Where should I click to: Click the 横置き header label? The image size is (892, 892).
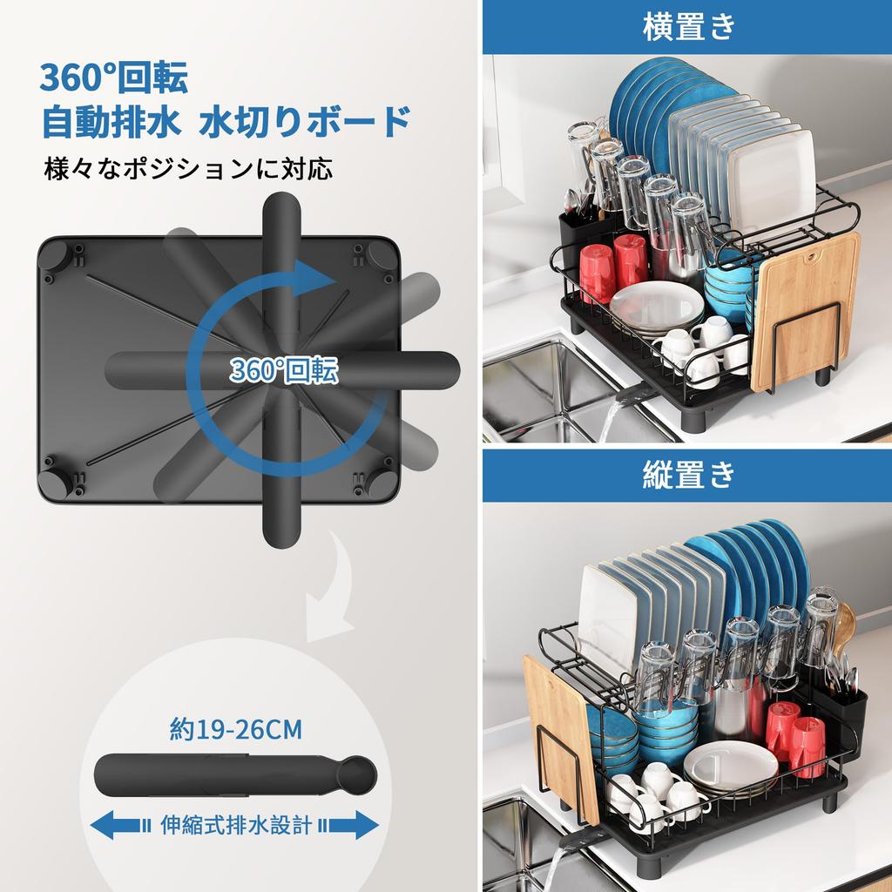point(688,27)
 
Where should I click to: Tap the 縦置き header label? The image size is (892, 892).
point(688,475)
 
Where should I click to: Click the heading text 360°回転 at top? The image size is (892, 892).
point(113,79)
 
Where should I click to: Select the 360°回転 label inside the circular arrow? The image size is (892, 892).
point(285,371)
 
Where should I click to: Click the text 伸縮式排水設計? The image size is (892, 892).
point(235,824)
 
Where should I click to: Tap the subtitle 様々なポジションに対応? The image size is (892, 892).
point(188,167)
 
